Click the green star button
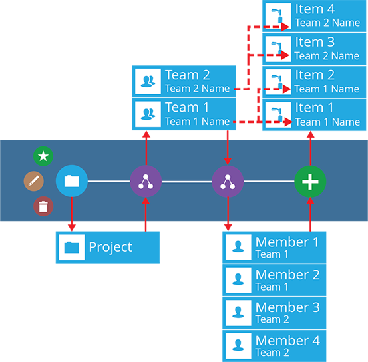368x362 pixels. tap(43, 156)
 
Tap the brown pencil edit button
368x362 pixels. tap(34, 181)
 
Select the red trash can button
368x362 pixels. tap(43, 206)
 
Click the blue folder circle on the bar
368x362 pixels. tap(72, 181)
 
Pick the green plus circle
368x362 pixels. tap(310, 182)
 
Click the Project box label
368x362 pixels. tap(110, 247)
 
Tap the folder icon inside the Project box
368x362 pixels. tap(72, 247)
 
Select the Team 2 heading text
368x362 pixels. tap(187, 75)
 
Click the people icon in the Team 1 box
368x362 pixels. tap(148, 114)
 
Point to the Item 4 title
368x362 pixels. tap(315, 9)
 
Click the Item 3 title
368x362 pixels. tap(315, 42)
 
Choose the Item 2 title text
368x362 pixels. tap(315, 75)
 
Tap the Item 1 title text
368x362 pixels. tap(314, 108)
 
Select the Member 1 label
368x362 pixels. tap(287, 242)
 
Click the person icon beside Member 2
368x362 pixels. tap(238, 279)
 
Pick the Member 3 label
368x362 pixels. tap(287, 307)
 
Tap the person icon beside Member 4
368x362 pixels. tap(238, 345)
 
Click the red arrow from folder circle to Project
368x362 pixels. tap(72, 214)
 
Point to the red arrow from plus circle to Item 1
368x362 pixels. tap(311, 148)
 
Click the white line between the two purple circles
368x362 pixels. tap(187, 182)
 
